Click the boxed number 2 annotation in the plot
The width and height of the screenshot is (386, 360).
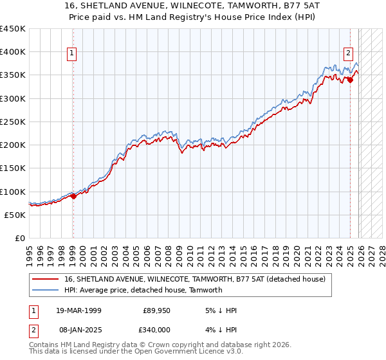[348, 53]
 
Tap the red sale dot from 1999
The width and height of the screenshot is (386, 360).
[73, 196]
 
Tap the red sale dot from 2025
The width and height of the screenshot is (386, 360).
[351, 80]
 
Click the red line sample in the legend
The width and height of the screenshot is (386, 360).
[46, 279]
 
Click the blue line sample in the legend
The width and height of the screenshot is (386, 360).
[46, 290]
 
